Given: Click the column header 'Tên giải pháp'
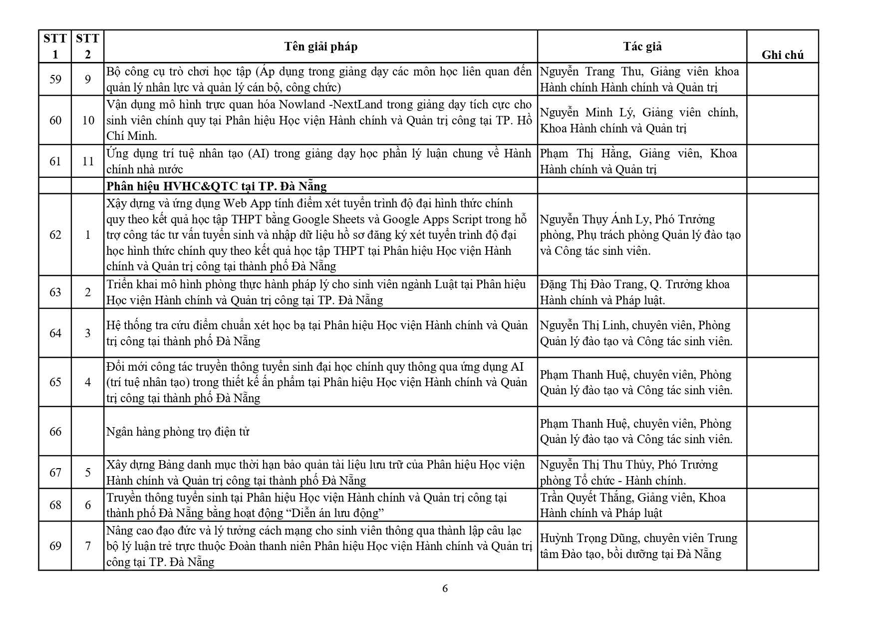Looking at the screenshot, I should (320, 46).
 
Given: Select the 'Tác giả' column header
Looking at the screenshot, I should (642, 46).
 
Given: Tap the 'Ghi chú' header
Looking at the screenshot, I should (782, 55).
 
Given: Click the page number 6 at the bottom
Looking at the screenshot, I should (445, 589).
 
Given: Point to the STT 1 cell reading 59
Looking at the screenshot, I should (55, 79).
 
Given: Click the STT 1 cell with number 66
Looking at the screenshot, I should (55, 431).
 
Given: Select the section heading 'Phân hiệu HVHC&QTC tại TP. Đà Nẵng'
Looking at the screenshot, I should (216, 186).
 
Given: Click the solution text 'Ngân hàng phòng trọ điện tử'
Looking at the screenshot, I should (178, 431).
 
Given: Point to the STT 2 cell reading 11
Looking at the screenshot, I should (88, 161).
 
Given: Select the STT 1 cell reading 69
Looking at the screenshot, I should (55, 546).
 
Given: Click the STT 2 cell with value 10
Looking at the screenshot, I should (88, 120).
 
